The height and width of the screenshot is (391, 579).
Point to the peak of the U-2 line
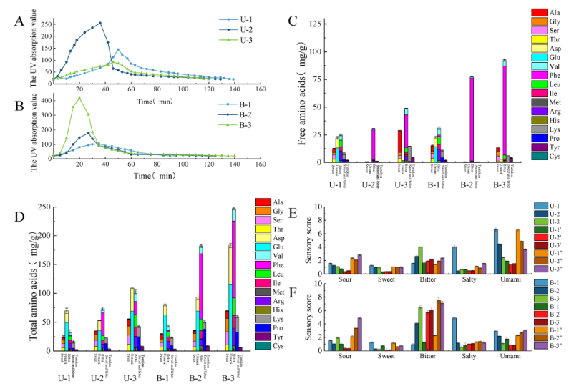pos(100,23)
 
